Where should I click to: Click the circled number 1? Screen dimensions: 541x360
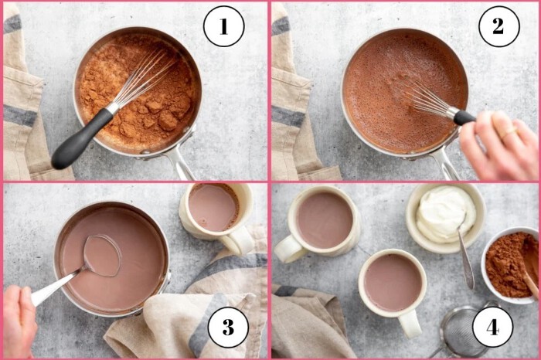pyautogui.click(x=223, y=26)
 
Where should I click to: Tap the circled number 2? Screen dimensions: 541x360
pyautogui.click(x=499, y=26)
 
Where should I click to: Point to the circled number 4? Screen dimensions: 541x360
pyautogui.click(x=493, y=327)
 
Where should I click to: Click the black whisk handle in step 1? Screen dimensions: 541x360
pyautogui.click(x=82, y=139)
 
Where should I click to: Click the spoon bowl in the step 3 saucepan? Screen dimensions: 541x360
pyautogui.click(x=103, y=256)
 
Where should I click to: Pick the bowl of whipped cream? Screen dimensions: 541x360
pyautogui.click(x=445, y=218)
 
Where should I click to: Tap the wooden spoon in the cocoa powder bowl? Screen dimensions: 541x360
pyautogui.click(x=529, y=267)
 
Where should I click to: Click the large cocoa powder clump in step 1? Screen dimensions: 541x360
pyautogui.click(x=168, y=121)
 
